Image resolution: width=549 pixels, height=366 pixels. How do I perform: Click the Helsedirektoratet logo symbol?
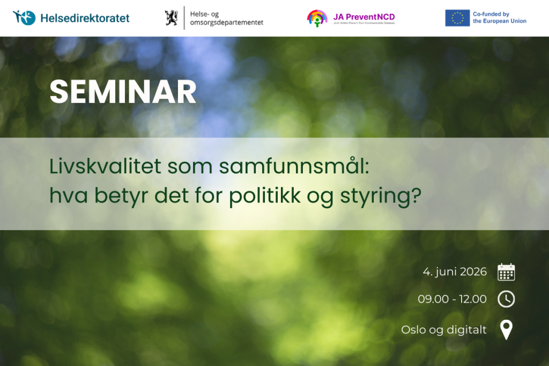tap(24, 18)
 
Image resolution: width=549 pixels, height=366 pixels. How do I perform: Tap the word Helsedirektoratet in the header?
tap(85, 18)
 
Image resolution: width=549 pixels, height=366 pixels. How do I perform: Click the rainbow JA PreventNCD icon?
tap(317, 18)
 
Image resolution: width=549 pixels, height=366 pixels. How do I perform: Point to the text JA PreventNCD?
tap(363, 17)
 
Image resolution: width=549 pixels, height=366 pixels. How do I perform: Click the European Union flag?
tap(457, 18)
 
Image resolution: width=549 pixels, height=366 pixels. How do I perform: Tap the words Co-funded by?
tap(491, 14)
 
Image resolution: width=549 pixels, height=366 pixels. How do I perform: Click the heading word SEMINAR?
tap(123, 92)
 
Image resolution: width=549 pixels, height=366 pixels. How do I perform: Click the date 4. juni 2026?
tap(455, 272)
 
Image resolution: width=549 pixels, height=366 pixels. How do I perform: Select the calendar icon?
tap(506, 272)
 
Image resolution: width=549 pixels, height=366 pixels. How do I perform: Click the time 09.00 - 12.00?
tap(452, 299)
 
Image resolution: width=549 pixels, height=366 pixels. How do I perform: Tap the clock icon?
tap(506, 299)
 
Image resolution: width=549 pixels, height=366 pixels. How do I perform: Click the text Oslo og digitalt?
tap(443, 330)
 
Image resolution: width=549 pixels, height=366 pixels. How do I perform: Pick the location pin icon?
tap(506, 330)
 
